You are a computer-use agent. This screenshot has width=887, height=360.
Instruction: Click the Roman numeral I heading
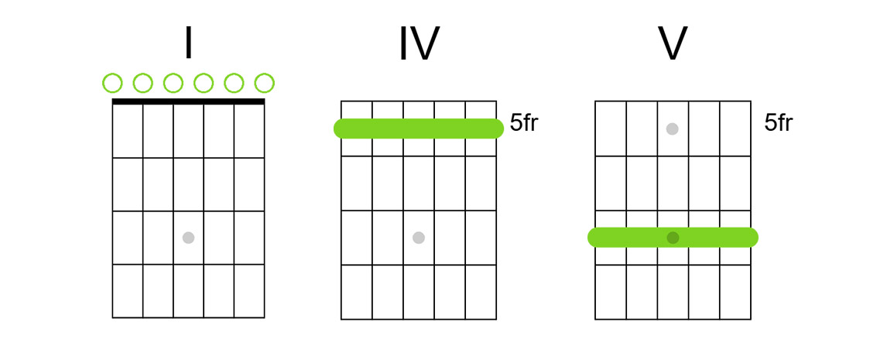coord(188,43)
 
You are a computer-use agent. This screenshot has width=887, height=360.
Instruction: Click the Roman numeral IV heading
coord(418,44)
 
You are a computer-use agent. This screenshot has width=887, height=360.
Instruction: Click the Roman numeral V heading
coord(672,44)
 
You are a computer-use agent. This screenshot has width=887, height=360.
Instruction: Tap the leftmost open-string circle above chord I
coord(112,83)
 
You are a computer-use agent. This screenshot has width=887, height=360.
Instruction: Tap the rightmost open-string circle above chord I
coord(265,83)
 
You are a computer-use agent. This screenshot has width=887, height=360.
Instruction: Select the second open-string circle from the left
coord(142,83)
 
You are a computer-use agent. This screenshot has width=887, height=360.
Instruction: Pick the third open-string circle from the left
coord(173,83)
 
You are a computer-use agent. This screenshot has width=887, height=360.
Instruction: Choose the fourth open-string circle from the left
coord(204,83)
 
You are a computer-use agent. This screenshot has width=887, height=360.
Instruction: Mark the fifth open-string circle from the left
coord(234,83)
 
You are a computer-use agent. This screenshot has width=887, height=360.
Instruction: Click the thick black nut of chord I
coord(188,101)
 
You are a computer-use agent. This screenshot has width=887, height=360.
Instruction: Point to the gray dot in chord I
coord(188,238)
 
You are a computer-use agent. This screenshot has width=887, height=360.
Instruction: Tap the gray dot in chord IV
coord(419,238)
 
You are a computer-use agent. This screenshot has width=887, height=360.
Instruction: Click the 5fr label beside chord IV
coord(524,123)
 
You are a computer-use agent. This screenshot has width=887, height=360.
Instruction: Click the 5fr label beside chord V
coord(778,123)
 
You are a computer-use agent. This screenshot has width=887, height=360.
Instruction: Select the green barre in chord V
coord(635,238)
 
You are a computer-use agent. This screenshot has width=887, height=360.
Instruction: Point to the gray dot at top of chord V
coord(673,129)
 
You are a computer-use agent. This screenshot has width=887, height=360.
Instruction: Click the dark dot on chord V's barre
coord(673,238)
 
